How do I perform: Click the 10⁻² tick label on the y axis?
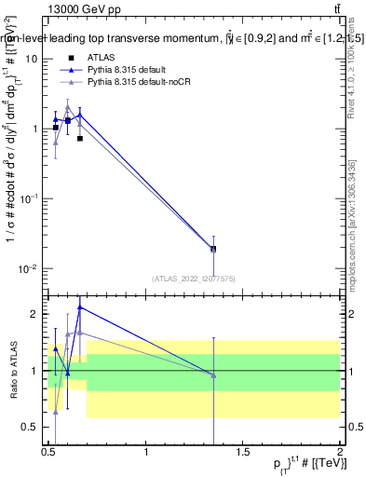pos(31,269)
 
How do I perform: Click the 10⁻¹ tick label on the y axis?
pos(31,198)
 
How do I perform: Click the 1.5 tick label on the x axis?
pos(243,453)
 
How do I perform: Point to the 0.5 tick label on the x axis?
pos(48,453)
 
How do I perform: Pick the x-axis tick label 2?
pos(339,453)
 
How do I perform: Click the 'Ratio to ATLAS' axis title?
pos(13,370)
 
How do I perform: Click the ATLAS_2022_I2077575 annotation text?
pos(194,279)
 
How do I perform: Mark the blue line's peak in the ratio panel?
pos(80,307)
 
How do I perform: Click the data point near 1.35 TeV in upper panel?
pos(213,249)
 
